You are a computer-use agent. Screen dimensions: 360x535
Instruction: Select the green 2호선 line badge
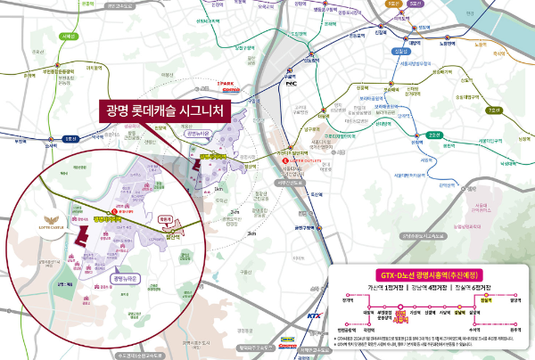[x=434, y=135]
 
